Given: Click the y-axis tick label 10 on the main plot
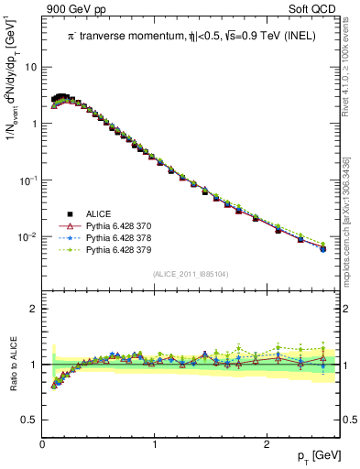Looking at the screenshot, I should tap(31, 67).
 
